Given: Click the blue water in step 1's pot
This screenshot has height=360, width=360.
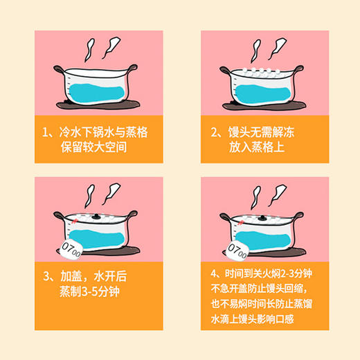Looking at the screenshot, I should click(98, 89).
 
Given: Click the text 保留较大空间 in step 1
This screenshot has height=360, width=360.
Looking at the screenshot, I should click(105, 147).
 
